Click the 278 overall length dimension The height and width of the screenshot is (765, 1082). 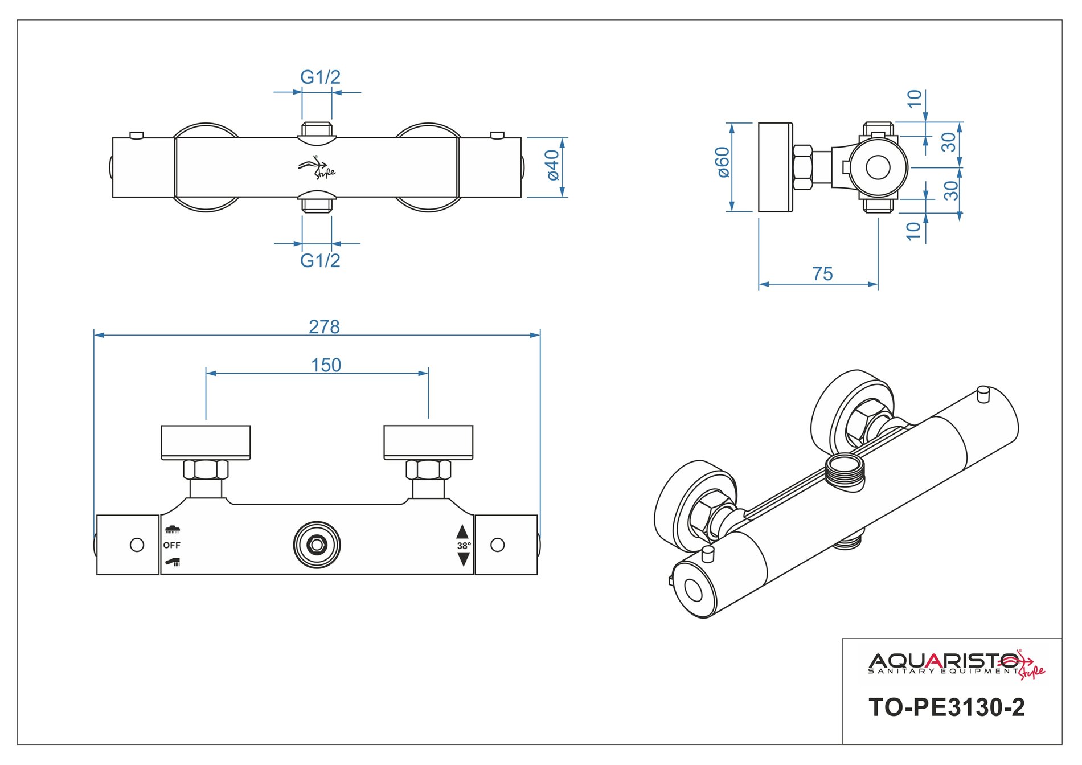(x=324, y=327)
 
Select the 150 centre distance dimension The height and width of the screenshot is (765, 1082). (x=326, y=365)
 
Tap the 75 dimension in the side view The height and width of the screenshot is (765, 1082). (x=822, y=274)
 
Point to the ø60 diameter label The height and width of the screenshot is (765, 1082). (x=723, y=162)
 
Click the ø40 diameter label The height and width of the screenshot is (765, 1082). (x=552, y=165)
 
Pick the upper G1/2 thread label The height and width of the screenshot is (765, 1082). (x=320, y=77)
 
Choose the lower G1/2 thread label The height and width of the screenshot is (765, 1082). (x=320, y=260)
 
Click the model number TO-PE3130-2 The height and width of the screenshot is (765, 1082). (x=946, y=707)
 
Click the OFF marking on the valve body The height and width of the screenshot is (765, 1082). (x=171, y=545)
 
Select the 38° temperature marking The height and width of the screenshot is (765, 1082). (x=464, y=546)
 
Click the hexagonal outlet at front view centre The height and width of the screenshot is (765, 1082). (x=317, y=545)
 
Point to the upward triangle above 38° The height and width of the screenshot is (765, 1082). (x=462, y=532)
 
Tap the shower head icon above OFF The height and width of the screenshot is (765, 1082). (x=173, y=530)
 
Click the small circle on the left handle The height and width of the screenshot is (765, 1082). (x=137, y=545)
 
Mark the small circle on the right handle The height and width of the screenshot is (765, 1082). (x=497, y=545)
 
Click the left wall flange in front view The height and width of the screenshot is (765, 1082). (x=206, y=442)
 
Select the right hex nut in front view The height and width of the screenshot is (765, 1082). (x=428, y=470)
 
